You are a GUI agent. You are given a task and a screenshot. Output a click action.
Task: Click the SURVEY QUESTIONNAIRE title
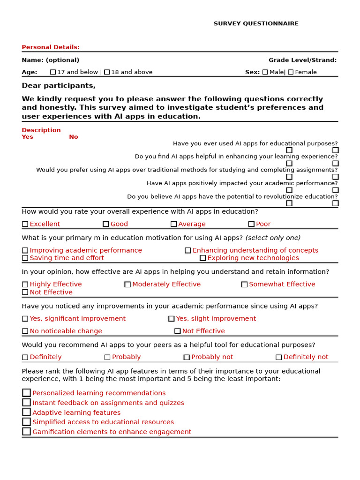pyautogui.click(x=256, y=23)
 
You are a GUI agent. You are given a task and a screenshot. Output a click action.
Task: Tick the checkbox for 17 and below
pyautogui.click(x=53, y=72)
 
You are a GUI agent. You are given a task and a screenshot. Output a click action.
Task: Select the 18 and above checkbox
pyautogui.click(x=107, y=72)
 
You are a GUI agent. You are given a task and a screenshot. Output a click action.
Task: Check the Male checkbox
pyautogui.click(x=265, y=72)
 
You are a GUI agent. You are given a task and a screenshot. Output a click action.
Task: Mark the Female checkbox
pyautogui.click(x=291, y=72)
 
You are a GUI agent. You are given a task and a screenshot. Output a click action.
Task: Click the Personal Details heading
pyautogui.click(x=51, y=47)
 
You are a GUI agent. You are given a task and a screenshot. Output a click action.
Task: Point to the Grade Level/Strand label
pyautogui.click(x=302, y=60)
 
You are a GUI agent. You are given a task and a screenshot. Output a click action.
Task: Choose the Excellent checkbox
pyautogui.click(x=25, y=224)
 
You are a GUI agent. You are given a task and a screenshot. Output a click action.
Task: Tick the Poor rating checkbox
pyautogui.click(x=251, y=224)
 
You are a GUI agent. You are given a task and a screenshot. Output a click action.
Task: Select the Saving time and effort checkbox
pyautogui.click(x=25, y=258)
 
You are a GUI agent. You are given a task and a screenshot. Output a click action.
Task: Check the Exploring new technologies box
pyautogui.click(x=202, y=258)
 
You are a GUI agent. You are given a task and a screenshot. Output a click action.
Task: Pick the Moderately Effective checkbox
pyautogui.click(x=127, y=284)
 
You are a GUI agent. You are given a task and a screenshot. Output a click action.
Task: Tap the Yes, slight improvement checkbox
pyautogui.click(x=171, y=318)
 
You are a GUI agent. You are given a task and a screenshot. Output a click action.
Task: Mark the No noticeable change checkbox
pyautogui.click(x=25, y=331)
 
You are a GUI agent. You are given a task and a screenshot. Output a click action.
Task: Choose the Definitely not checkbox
pyautogui.click(x=278, y=357)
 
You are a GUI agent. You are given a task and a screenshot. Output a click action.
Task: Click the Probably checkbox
pyautogui.click(x=107, y=357)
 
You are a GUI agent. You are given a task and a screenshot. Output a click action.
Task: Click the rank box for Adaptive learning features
pyautogui.click(x=26, y=412)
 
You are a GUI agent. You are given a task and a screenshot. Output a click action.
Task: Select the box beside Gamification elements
pyautogui.click(x=26, y=431)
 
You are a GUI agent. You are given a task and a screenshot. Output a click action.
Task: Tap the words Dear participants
pyautogui.click(x=59, y=85)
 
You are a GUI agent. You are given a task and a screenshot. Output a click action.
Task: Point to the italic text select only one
pyautogui.click(x=273, y=238)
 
